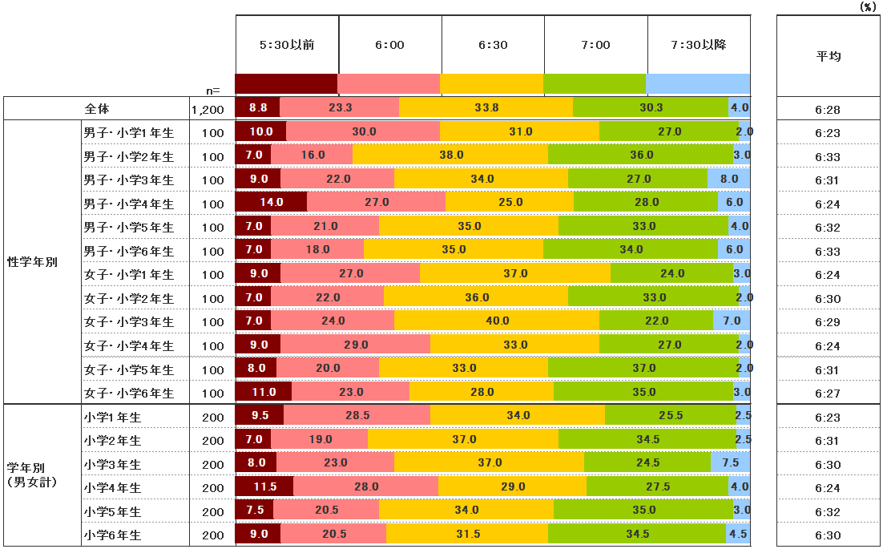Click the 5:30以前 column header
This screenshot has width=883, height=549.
click(287, 45)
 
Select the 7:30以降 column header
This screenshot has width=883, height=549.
click(699, 45)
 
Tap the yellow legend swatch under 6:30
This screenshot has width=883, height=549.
click(492, 84)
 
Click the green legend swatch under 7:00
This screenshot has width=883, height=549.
click(595, 84)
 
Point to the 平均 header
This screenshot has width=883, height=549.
click(829, 56)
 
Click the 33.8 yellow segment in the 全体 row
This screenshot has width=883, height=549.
click(486, 107)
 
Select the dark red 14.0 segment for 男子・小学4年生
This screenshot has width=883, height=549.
click(271, 203)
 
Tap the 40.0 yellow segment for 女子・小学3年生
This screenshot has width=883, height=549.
click(497, 321)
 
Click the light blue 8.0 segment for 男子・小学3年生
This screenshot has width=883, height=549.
click(729, 180)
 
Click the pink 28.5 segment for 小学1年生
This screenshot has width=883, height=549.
click(357, 416)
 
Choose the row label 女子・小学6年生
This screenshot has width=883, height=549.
click(129, 394)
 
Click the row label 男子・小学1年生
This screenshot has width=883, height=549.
click(129, 132)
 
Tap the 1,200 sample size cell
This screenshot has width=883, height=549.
click(208, 109)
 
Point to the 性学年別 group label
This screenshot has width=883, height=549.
click(32, 262)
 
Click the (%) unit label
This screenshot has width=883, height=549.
click(867, 6)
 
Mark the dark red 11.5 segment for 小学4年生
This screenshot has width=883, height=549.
click(264, 487)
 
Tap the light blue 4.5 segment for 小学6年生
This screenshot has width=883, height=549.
click(738, 535)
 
